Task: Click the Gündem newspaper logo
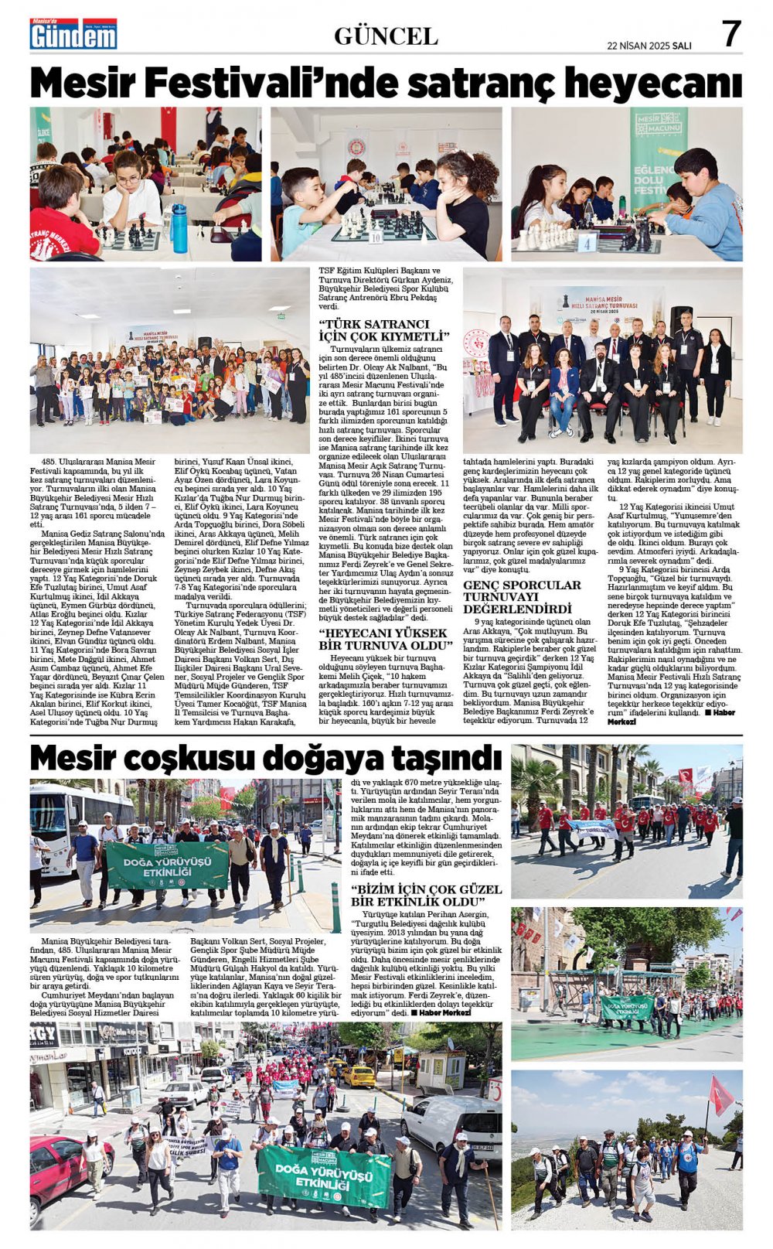[x=73, y=35]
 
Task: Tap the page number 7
[x=730, y=34]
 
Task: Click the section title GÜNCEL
[x=386, y=36]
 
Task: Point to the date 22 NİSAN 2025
[x=638, y=46]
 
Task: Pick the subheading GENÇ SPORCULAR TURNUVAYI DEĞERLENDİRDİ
[x=522, y=596]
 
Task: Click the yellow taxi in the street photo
[x=358, y=1076]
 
